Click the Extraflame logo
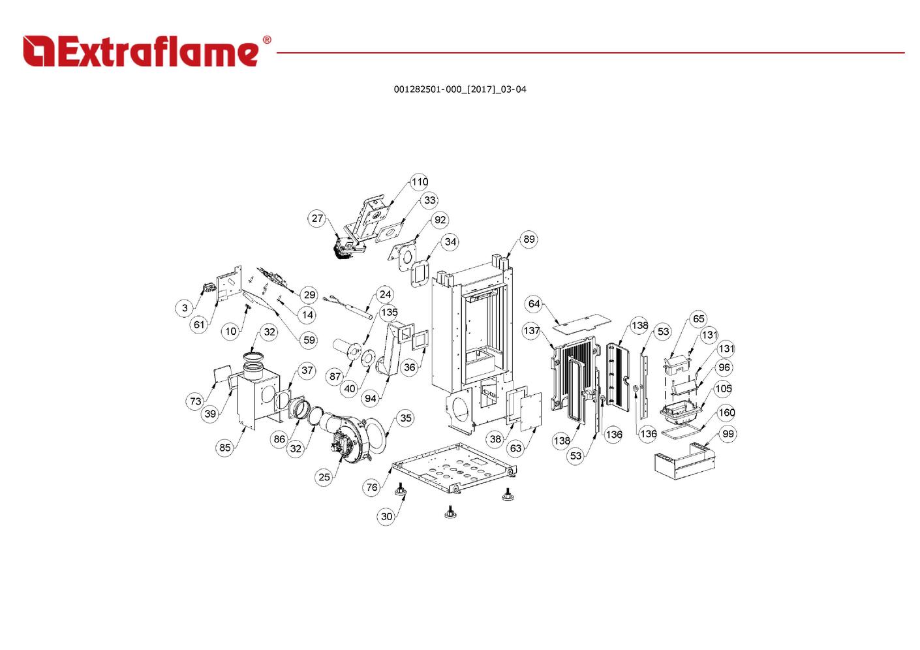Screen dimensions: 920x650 pos(147,51)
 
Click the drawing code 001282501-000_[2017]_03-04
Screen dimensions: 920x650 pos(460,89)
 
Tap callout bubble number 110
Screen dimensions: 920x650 pos(420,181)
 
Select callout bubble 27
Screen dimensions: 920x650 pos(317,218)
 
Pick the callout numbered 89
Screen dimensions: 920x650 pos(529,239)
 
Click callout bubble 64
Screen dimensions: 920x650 pos(534,303)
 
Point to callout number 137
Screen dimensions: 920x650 pos(532,330)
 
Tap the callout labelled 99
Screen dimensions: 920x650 pos(728,434)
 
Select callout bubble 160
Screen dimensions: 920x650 pos(727,412)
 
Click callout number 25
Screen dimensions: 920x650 pos(324,477)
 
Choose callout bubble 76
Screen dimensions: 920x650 pos(372,487)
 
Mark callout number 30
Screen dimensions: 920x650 pos(386,516)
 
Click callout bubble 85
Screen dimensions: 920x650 pos(224,448)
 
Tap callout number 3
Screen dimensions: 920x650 pos(185,308)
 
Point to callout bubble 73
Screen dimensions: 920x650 pos(196,401)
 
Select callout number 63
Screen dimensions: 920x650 pos(515,448)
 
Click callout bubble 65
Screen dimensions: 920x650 pos(698,318)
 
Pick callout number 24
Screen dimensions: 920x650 pos(385,294)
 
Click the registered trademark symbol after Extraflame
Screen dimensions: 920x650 pos(267,40)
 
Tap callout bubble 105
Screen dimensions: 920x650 pos(723,388)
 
